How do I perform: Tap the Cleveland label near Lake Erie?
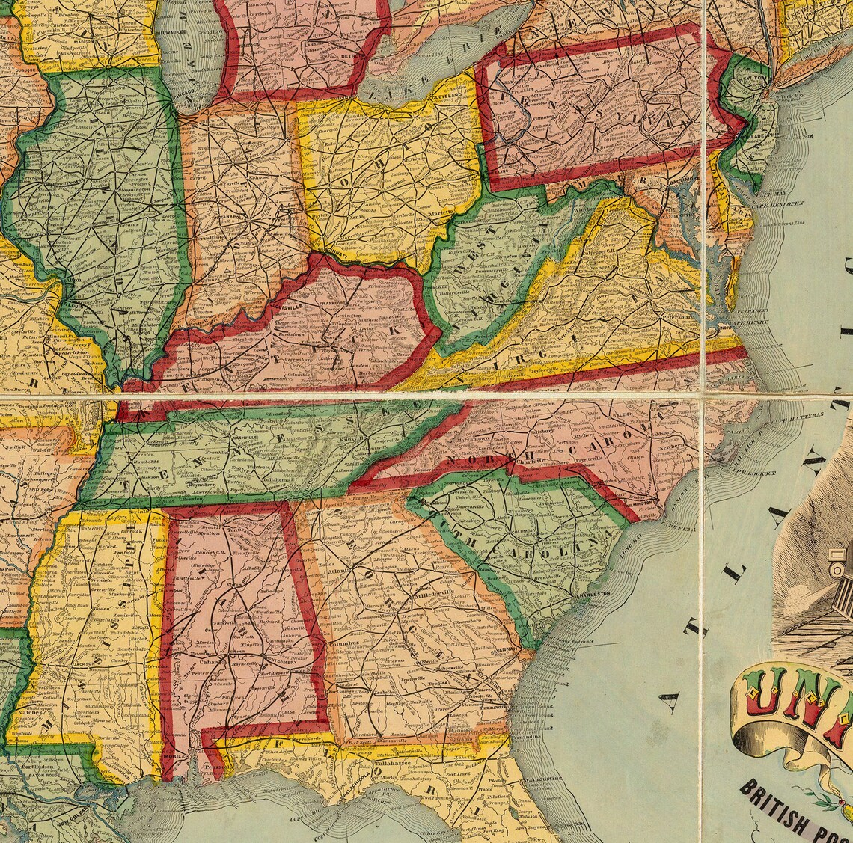click(x=448, y=96)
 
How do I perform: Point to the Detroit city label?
click(x=350, y=55)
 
